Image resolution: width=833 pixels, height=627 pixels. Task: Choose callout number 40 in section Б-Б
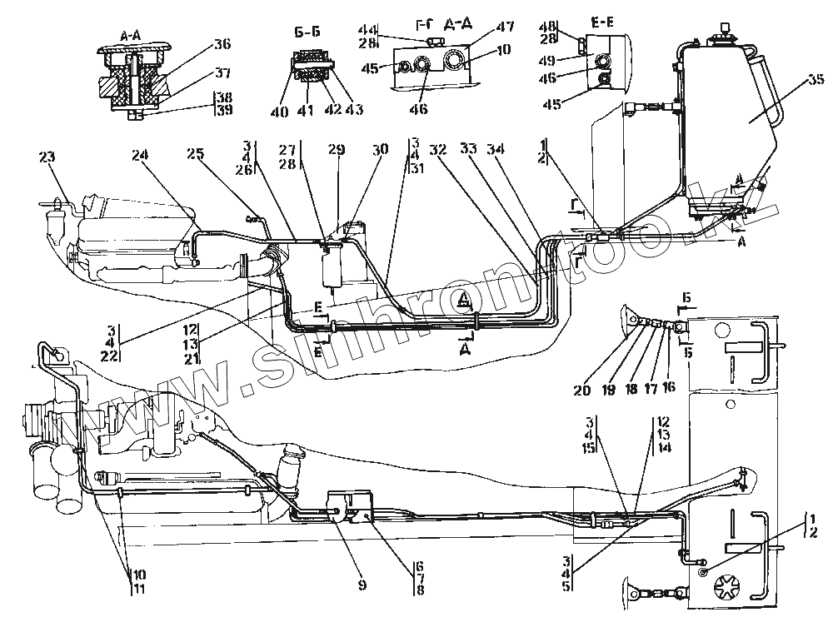coord(286,109)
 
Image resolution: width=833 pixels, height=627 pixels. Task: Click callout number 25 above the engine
coord(195,153)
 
